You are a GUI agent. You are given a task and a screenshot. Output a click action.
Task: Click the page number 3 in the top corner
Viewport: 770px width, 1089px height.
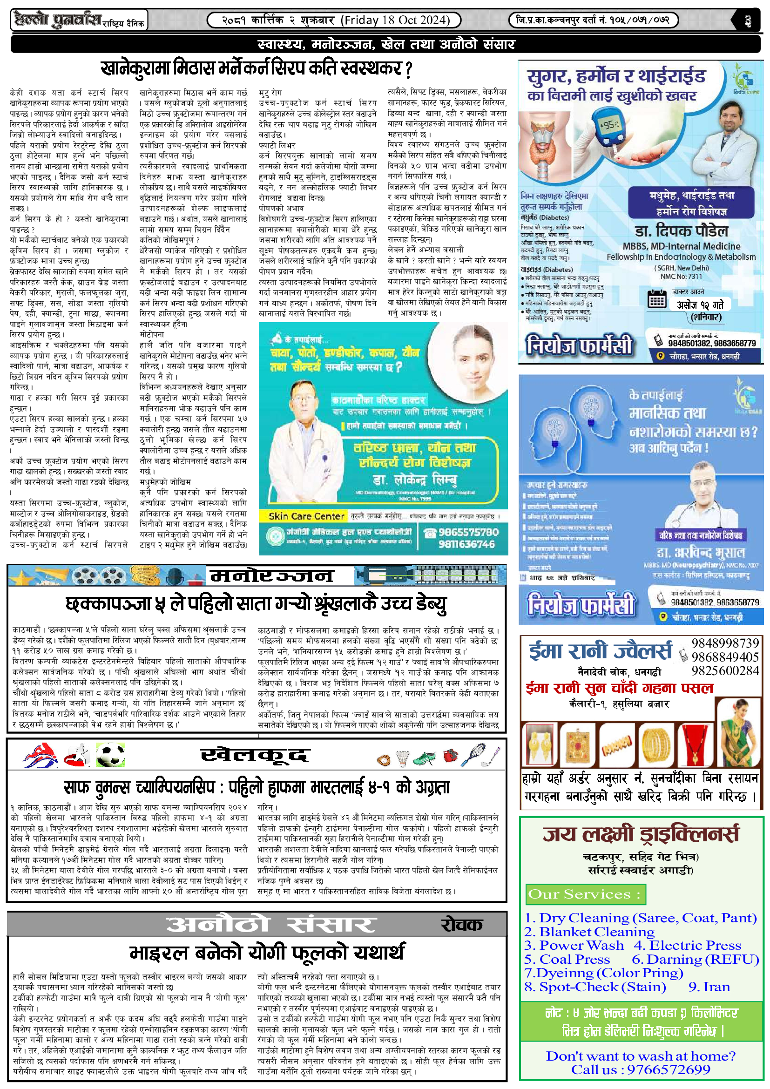[748, 21]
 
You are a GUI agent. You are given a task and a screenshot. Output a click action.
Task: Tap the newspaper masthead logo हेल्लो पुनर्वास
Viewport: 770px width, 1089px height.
[58, 20]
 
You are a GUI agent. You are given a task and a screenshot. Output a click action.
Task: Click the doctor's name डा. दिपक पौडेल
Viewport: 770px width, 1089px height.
[681, 231]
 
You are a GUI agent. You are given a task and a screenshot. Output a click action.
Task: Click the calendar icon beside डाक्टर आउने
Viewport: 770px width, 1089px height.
[657, 299]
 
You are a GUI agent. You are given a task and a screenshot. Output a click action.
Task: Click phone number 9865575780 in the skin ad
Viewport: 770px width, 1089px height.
[468, 532]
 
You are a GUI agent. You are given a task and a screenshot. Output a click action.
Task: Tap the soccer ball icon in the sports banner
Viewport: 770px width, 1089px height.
[110, 755]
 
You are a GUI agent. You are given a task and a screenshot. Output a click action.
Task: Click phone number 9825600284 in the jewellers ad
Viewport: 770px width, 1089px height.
[725, 670]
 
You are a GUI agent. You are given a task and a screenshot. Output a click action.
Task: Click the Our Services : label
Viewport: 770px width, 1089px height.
[585, 894]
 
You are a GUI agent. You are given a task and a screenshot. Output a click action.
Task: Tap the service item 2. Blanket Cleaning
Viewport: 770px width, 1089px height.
[589, 932]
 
